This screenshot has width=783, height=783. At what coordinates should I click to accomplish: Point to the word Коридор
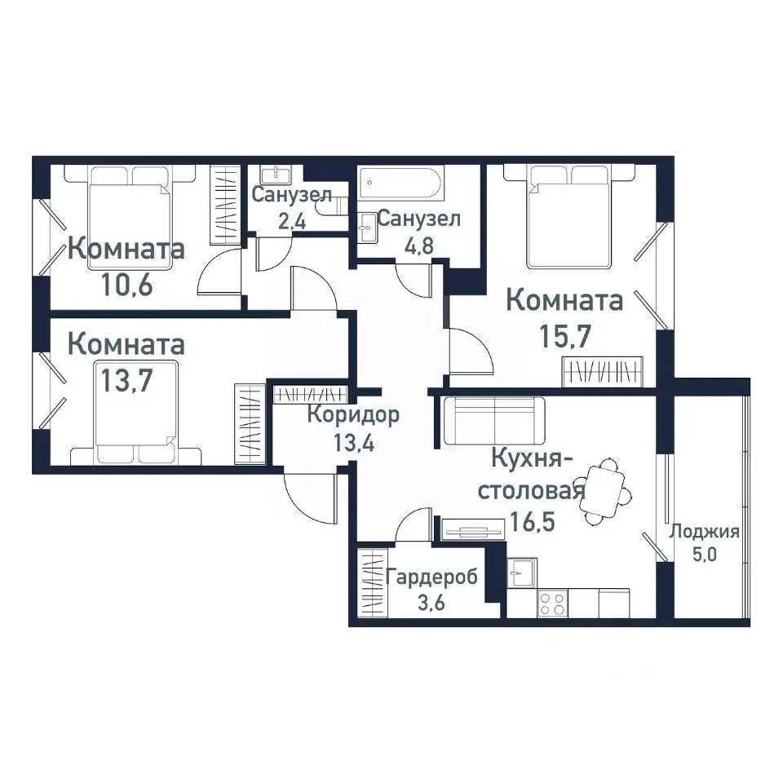[x=353, y=415]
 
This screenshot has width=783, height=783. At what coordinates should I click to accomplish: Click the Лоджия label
[x=704, y=533]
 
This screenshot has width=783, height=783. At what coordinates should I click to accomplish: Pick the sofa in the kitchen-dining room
[x=493, y=420]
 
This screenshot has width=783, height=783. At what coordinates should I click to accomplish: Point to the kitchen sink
[x=521, y=572]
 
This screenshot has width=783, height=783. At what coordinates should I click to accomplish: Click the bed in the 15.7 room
[x=568, y=215]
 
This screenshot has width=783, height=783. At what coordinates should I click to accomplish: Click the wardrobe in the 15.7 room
[x=604, y=372]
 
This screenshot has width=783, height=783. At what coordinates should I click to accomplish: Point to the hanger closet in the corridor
[x=310, y=394]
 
